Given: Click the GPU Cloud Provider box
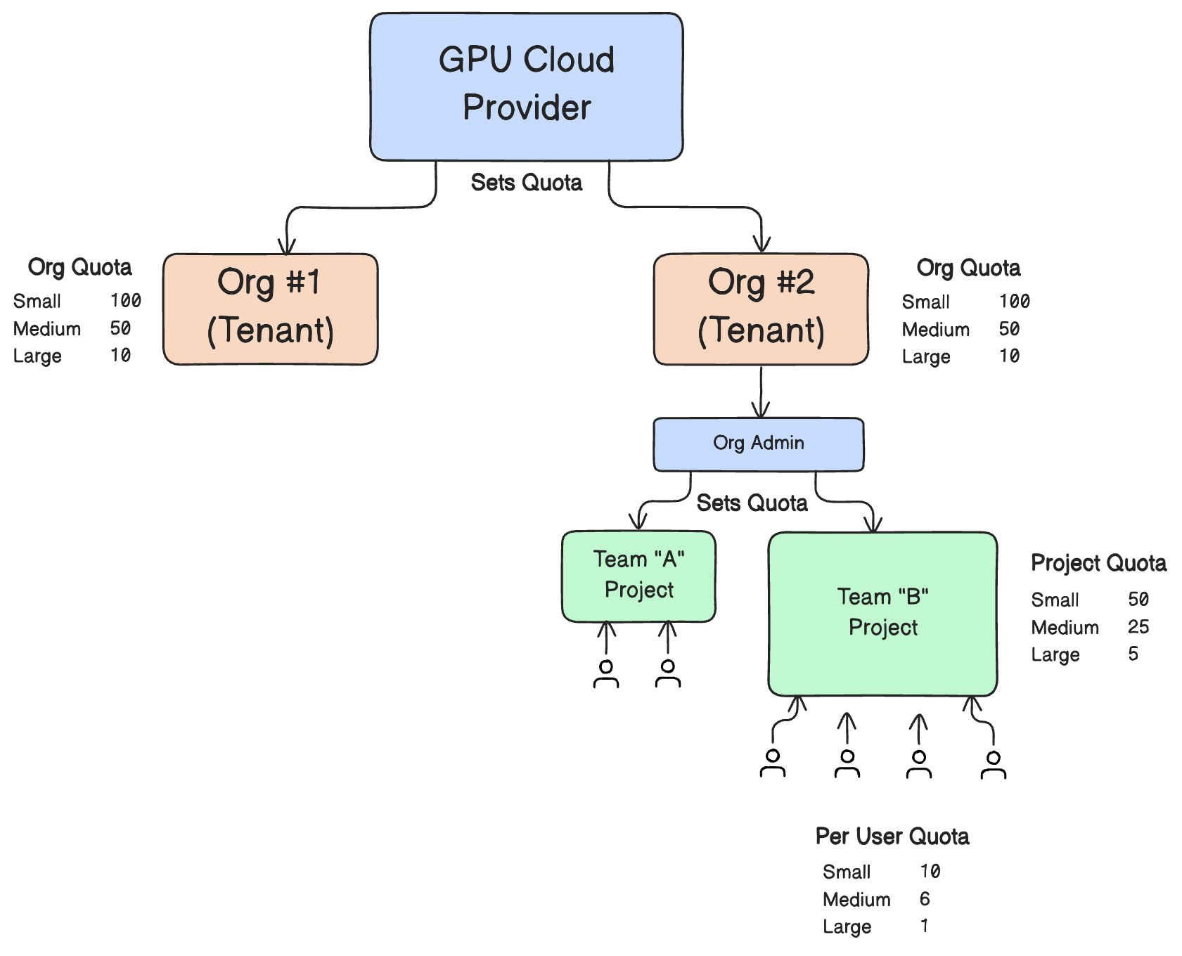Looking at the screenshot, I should click(x=526, y=86).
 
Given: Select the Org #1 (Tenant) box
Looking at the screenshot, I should click(x=270, y=309).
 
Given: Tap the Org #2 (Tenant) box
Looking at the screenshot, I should click(x=761, y=309).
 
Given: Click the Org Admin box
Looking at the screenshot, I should click(x=758, y=444).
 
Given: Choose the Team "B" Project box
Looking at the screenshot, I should click(x=882, y=613).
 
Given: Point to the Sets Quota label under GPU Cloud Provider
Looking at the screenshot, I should click(x=526, y=183).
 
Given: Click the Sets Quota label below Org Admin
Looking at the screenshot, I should click(x=752, y=503).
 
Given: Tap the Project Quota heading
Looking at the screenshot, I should click(x=1098, y=563).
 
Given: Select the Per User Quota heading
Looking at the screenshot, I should click(x=892, y=836).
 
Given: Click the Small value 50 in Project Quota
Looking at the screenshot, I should click(x=1138, y=600).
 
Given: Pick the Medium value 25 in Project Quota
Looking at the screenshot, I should click(x=1138, y=627).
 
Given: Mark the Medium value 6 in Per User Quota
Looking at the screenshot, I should click(x=925, y=899).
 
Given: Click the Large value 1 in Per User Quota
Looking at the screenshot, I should click(x=925, y=926).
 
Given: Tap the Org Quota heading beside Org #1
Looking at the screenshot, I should click(x=79, y=267).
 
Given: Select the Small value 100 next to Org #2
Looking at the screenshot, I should click(x=1014, y=302).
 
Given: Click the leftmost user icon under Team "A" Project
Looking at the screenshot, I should click(x=605, y=673).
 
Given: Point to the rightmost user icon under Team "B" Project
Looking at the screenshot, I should click(x=993, y=764).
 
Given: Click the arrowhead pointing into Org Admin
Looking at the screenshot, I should click(x=760, y=411).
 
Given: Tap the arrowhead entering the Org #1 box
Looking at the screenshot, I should click(x=286, y=247).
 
